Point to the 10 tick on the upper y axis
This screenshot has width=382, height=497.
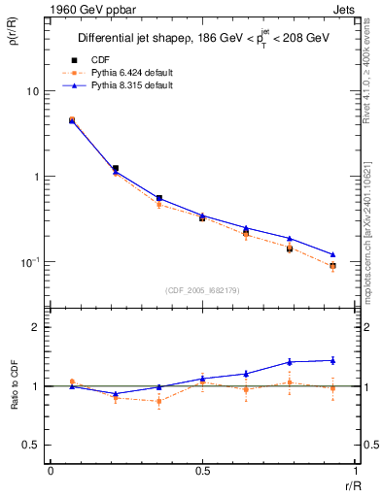tap(32, 91)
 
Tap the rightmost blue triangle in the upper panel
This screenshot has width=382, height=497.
tap(332, 254)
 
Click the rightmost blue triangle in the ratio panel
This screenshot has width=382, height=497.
tap(332, 360)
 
